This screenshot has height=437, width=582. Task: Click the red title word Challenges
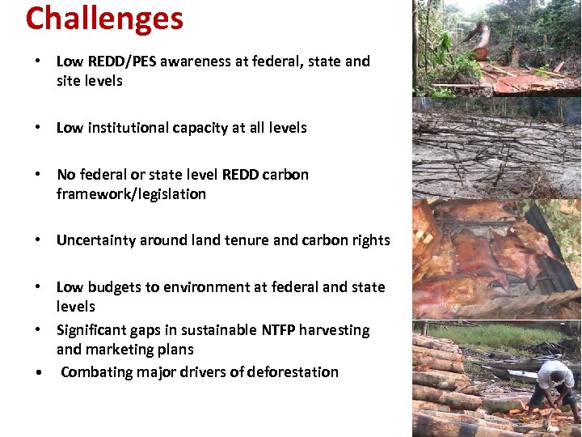pyautogui.click(x=104, y=18)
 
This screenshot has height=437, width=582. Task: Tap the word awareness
pyautogui.click(x=195, y=62)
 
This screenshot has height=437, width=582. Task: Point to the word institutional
pyautogui.click(x=127, y=128)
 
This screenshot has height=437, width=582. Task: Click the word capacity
pyautogui.click(x=200, y=128)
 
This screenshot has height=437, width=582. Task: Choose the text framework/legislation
pyautogui.click(x=131, y=194)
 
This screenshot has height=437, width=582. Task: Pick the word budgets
pyautogui.click(x=112, y=287)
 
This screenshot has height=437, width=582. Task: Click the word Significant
pyautogui.click(x=91, y=330)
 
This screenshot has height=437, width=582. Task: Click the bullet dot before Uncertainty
pyautogui.click(x=37, y=240)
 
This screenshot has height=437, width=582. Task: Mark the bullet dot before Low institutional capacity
pyautogui.click(x=37, y=128)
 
